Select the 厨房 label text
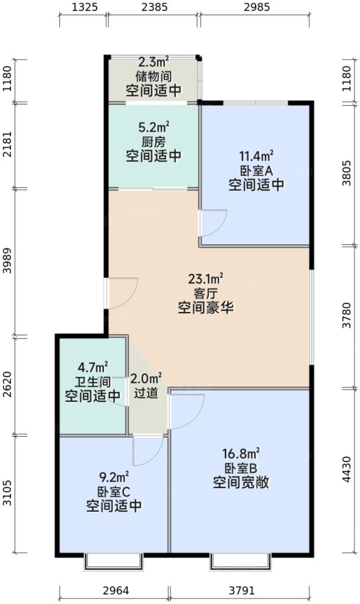[x=153, y=142]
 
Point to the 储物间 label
[x=153, y=76]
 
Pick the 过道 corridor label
[x=147, y=393]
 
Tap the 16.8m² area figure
[x=241, y=454]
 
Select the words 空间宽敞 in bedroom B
[x=241, y=482]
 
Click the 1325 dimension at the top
[x=83, y=9]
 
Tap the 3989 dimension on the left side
[x=8, y=261]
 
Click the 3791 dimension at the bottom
[x=240, y=591]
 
